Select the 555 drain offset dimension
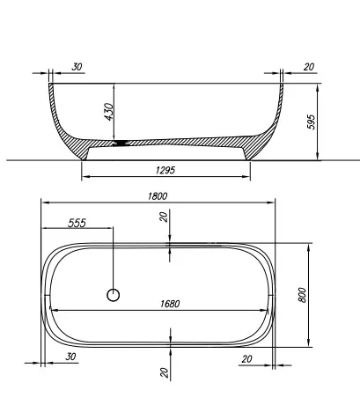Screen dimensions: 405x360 pyautogui.click(x=77, y=224)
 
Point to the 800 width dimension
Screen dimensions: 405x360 pyautogui.click(x=302, y=294)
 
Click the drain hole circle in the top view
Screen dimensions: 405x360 pyautogui.click(x=113, y=295)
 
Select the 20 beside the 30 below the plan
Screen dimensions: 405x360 pyautogui.click(x=246, y=358)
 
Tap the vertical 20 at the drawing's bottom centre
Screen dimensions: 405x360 pyautogui.click(x=165, y=372)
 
